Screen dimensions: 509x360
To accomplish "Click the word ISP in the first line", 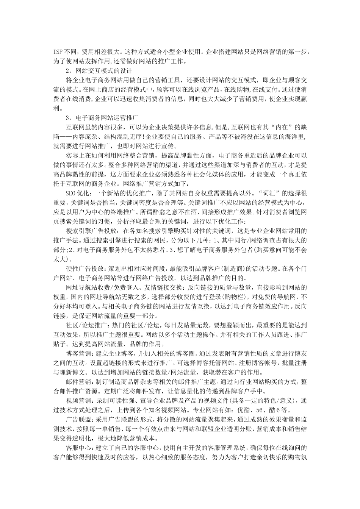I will pos(58,51).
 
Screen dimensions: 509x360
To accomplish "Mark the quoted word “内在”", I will pos(279,127).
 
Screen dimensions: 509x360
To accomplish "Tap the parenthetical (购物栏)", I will pos(231,297).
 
